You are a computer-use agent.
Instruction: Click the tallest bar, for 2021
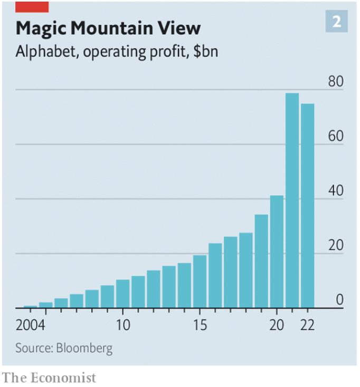point(292,200)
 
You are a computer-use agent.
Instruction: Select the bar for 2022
point(307,206)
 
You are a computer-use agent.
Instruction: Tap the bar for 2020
point(277,251)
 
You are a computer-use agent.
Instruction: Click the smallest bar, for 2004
point(30,306)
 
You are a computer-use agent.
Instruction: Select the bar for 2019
point(261,261)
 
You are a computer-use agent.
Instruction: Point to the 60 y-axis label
point(335,136)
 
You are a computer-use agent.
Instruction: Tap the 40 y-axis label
point(335,191)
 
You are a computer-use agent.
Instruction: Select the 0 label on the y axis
point(339,299)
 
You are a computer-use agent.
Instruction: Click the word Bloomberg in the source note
point(85,349)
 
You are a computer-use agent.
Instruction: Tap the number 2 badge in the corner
point(336,22)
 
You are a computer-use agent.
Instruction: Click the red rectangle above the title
point(32,6)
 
